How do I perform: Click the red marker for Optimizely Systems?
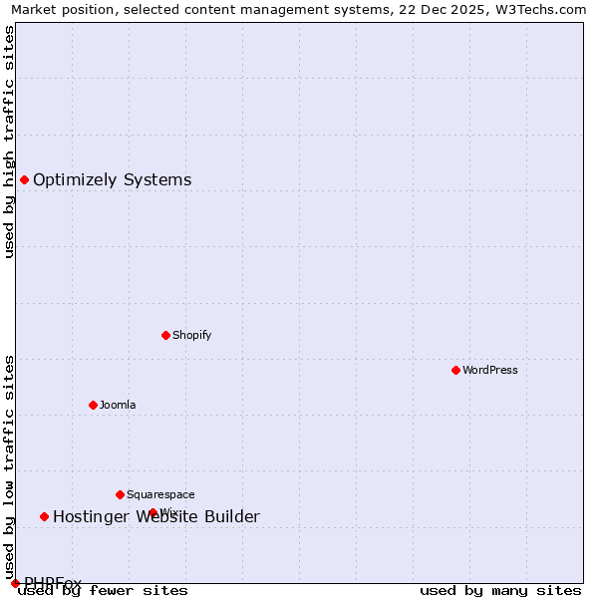pos(24,179)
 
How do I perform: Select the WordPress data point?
pos(455,370)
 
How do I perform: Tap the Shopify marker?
pos(165,335)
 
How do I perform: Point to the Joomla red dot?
pos(93,405)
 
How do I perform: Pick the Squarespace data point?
pos(120,494)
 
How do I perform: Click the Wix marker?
pos(152,512)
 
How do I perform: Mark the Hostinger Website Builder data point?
pos(44,516)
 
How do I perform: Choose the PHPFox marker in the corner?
pos(15,583)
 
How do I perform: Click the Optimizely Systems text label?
pos(112,180)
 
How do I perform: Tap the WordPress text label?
pos(489,370)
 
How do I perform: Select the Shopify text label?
pos(191,335)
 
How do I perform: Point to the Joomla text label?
pos(118,405)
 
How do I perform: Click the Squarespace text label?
pos(160,494)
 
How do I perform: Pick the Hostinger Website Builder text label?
pos(155,516)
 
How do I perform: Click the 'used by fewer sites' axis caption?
pos(103,591)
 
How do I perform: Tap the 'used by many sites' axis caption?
pos(500,591)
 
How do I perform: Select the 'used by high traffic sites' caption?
pos(9,142)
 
